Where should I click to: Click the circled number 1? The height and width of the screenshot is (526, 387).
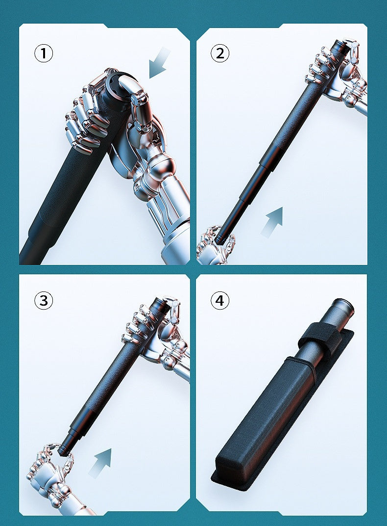point(44,53)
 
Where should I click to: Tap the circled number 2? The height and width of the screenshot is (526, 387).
point(219,53)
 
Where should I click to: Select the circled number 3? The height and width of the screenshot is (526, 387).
point(44,300)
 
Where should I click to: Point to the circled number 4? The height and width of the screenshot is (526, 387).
point(219,300)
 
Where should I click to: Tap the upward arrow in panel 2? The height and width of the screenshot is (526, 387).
point(272,222)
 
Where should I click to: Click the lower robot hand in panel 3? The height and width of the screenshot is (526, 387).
point(51,478)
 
